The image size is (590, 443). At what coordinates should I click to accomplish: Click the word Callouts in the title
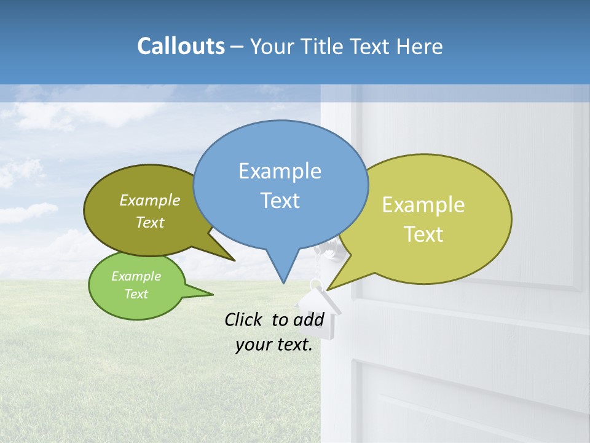(x=181, y=46)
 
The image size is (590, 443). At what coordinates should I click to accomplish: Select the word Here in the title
(x=420, y=46)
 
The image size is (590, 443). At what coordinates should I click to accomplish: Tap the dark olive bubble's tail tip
(x=235, y=260)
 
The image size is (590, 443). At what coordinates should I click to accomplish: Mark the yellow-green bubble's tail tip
(x=328, y=289)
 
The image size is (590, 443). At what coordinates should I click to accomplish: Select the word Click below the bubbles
(x=244, y=319)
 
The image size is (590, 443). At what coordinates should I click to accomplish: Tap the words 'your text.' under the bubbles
(x=273, y=345)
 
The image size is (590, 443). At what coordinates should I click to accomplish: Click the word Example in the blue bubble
(x=280, y=171)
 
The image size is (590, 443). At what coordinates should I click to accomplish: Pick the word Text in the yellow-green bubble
(x=423, y=234)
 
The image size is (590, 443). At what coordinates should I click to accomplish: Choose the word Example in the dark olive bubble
(x=150, y=200)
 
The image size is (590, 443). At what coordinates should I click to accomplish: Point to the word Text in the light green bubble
(x=136, y=294)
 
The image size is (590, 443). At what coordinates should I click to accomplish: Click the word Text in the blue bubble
(x=280, y=201)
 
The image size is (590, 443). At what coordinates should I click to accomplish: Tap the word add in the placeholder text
(x=309, y=319)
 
